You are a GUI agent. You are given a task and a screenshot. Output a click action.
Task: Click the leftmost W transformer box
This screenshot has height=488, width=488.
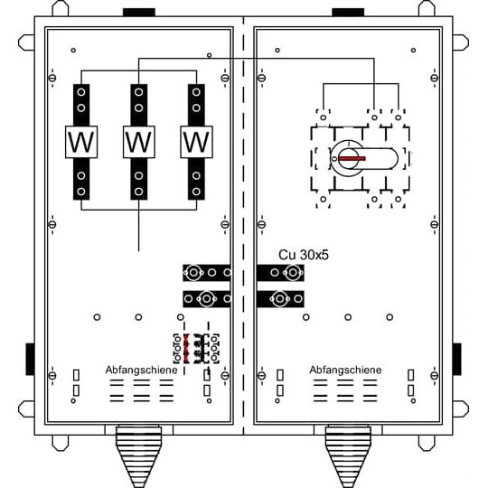(x=81, y=142)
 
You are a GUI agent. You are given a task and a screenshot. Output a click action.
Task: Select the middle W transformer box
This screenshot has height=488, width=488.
(x=139, y=142)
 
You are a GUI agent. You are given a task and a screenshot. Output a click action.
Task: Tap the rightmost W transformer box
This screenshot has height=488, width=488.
(x=196, y=142)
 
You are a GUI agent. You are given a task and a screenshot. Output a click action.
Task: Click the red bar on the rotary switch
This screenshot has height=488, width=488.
(x=352, y=159)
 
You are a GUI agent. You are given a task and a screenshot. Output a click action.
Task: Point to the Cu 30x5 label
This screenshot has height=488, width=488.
(x=304, y=255)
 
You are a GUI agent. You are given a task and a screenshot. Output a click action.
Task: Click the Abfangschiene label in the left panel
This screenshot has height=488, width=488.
(x=141, y=370)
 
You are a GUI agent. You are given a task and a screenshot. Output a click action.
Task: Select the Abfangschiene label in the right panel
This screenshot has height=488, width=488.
(x=345, y=370)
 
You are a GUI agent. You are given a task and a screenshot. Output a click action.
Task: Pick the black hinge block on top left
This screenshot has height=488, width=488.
(x=139, y=12)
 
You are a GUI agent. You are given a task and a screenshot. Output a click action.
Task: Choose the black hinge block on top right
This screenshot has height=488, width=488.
(x=348, y=12)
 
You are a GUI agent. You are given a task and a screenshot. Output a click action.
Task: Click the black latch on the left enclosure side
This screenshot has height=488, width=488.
(x=30, y=359)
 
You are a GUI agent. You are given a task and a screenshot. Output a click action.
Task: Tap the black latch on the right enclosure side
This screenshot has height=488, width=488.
(x=456, y=359)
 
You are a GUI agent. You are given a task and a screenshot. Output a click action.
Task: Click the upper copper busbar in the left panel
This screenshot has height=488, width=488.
(x=207, y=273)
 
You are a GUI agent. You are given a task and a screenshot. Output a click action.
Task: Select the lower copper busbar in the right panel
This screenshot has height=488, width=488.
(x=280, y=299)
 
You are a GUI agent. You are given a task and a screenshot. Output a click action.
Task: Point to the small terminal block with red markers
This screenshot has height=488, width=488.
(x=196, y=349)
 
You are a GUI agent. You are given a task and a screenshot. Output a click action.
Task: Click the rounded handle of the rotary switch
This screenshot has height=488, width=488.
(x=372, y=159)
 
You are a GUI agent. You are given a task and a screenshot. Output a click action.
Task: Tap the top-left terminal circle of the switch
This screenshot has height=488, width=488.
(x=324, y=117)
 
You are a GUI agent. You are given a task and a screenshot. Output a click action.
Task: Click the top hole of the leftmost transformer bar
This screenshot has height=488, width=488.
(x=81, y=92)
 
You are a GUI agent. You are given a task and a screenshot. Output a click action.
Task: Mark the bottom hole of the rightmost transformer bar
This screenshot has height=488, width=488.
(x=196, y=192)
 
